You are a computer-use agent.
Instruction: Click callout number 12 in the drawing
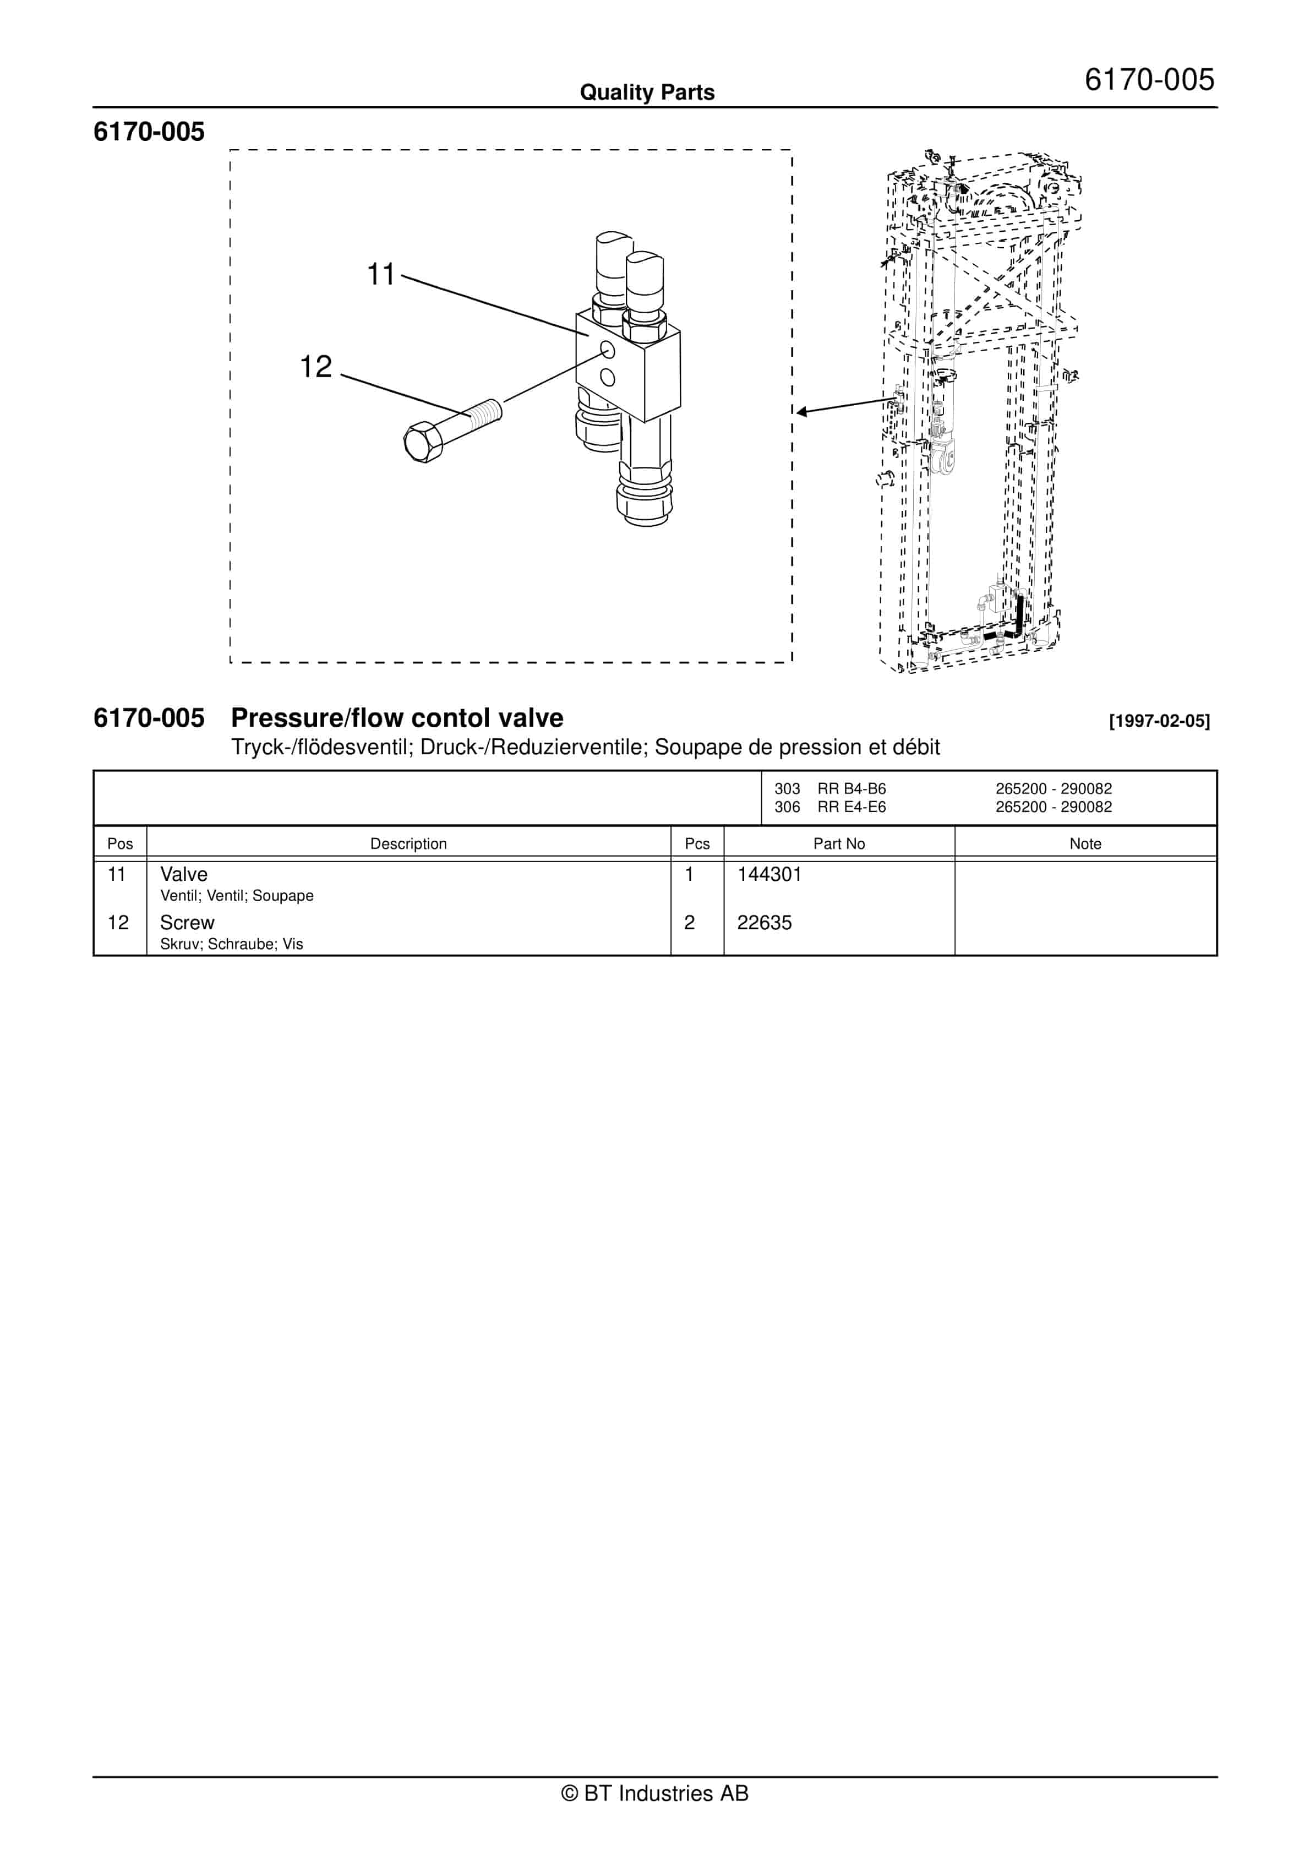pos(315,367)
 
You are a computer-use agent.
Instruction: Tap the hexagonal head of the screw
pos(422,442)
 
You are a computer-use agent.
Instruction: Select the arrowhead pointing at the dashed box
pos(802,412)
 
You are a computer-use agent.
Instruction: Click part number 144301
pos(769,874)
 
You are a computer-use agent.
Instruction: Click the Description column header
pos(408,844)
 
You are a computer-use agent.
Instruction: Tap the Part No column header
pos(838,844)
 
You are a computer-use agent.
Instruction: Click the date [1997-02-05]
pos(1159,721)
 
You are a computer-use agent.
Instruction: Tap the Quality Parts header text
pos(647,92)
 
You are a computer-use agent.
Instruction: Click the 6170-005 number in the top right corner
pos(1149,80)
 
